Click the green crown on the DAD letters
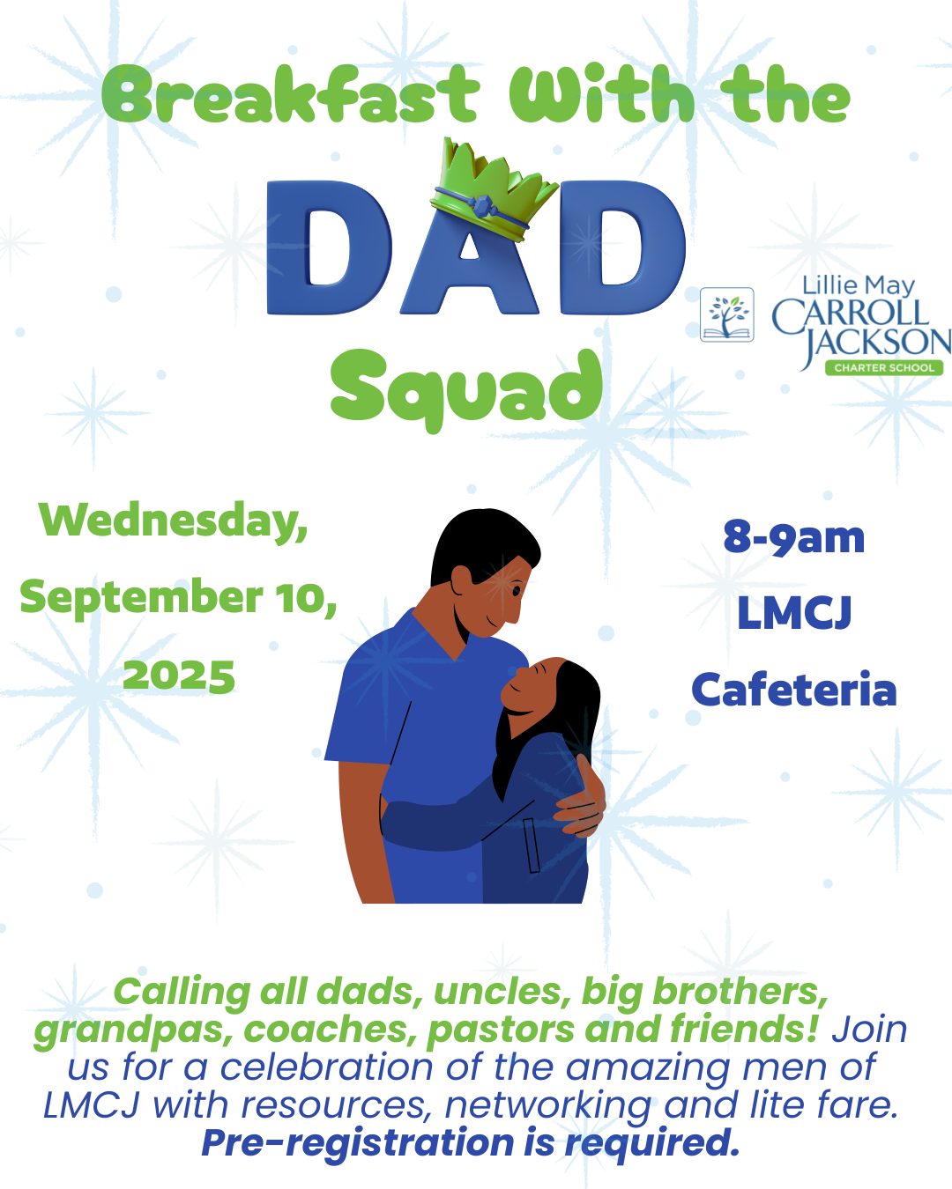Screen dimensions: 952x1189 pyautogui.click(x=493, y=190)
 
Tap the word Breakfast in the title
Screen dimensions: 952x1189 pyautogui.click(x=290, y=94)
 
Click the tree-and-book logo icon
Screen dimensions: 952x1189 pyautogui.click(x=727, y=314)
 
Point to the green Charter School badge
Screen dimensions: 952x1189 pyautogui.click(x=884, y=368)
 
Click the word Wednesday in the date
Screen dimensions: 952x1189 pyautogui.click(x=173, y=521)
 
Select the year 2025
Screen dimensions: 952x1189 pyautogui.click(x=179, y=676)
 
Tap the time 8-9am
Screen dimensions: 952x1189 pyautogui.click(x=794, y=537)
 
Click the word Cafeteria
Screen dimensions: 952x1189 pyautogui.click(x=794, y=691)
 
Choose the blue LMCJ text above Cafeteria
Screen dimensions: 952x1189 pyautogui.click(x=794, y=613)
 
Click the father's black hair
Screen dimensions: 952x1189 pyautogui.click(x=484, y=544)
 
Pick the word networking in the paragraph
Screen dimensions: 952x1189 pyautogui.click(x=547, y=1105)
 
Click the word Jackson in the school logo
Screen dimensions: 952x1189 pyautogui.click(x=876, y=343)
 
